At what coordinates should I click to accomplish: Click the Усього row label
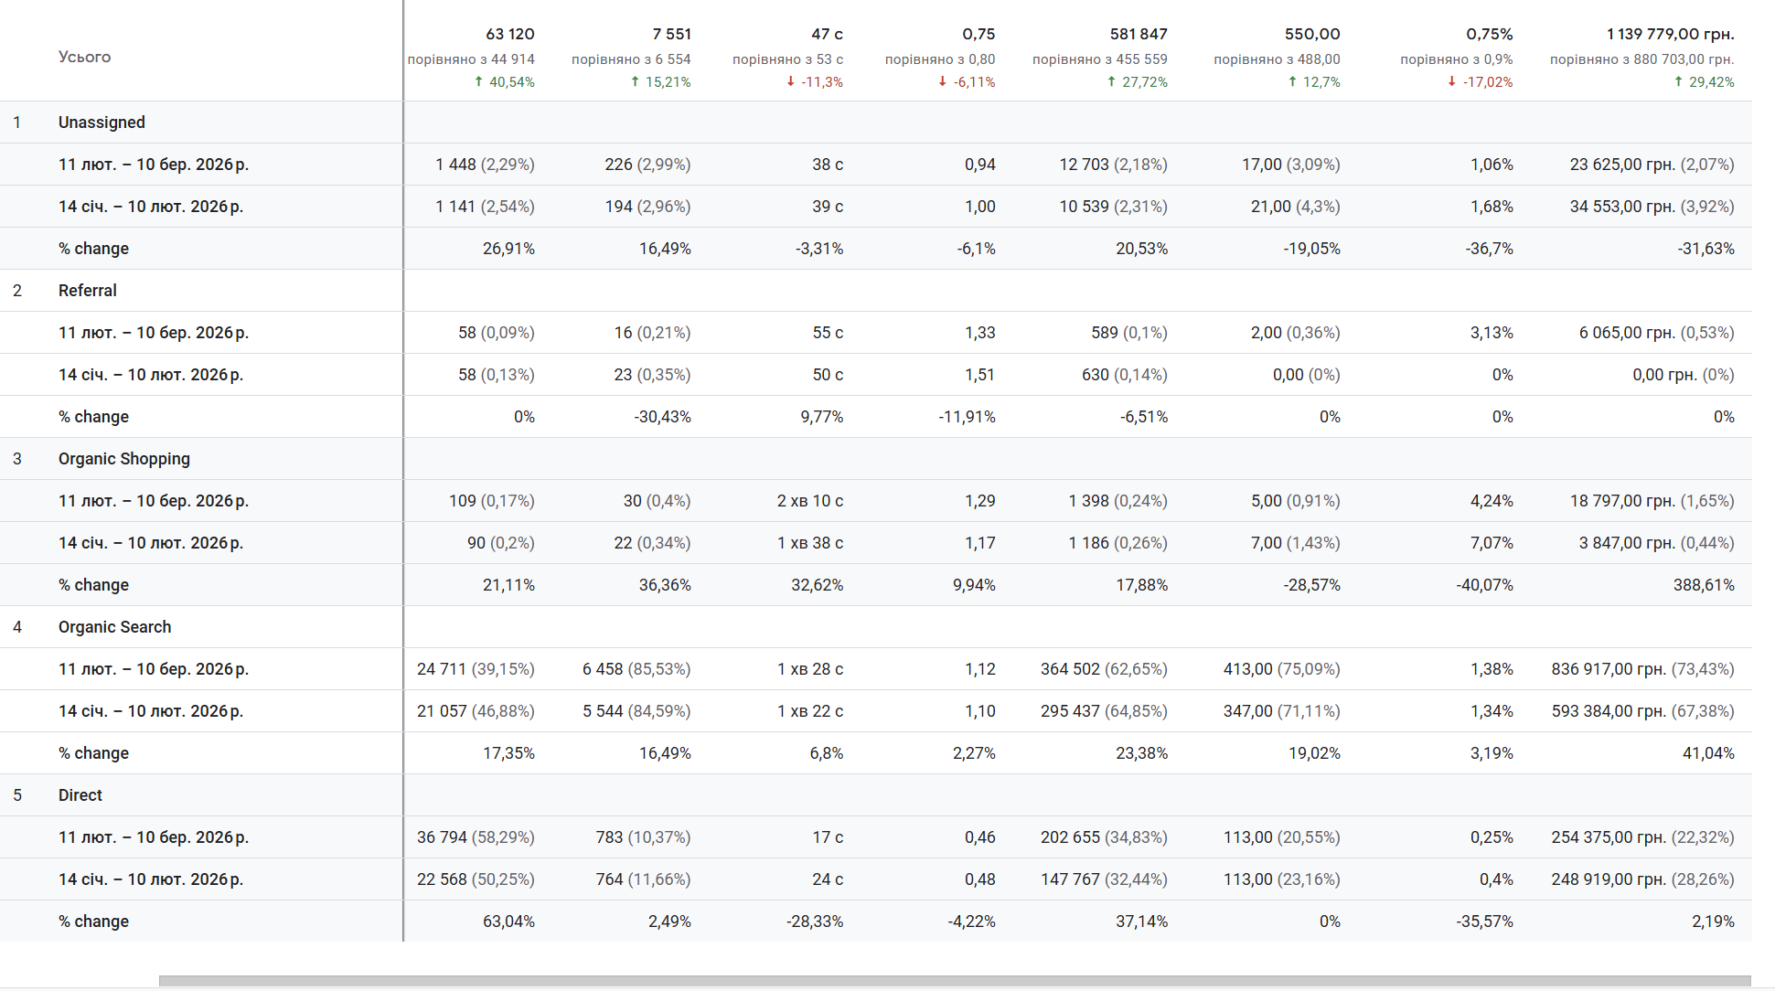coord(84,57)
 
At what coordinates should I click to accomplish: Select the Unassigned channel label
coord(102,123)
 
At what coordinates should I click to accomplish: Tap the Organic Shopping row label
coord(123,459)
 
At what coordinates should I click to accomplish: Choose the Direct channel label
coord(80,795)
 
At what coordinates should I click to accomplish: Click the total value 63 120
coord(509,34)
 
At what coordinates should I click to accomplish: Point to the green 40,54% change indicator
coord(505,82)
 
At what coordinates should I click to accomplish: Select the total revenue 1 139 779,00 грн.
coord(1670,34)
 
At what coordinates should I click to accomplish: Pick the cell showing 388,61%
coord(1703,585)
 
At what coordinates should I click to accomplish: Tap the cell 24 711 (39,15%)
coord(476,669)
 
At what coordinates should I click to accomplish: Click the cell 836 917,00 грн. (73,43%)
coord(1641,669)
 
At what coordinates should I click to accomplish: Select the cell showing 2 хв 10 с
coord(809,501)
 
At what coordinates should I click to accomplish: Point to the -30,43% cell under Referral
coord(662,417)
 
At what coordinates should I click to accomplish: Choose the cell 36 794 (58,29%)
coord(476,837)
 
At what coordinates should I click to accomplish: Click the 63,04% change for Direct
coord(508,922)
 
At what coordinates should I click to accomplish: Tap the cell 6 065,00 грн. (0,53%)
coord(1655,333)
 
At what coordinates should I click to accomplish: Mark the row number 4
coord(17,627)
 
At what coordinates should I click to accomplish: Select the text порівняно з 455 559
coord(1099,59)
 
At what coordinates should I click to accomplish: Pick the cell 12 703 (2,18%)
coord(1113,165)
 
